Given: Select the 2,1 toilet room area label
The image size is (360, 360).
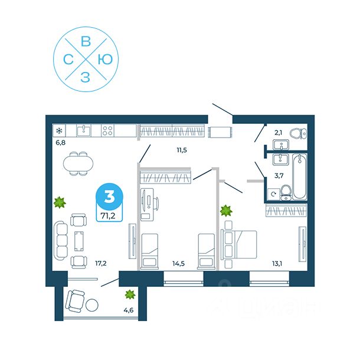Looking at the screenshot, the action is point(279,134).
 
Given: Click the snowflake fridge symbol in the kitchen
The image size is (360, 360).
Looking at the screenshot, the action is point(59,130).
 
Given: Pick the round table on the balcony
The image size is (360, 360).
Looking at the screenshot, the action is point(93,306).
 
